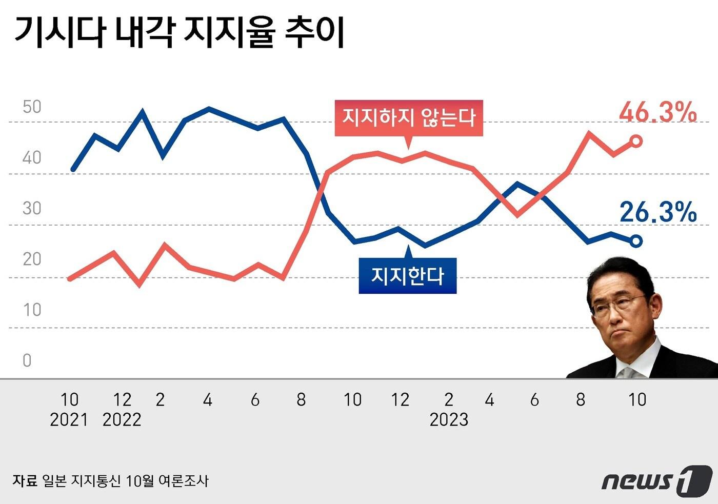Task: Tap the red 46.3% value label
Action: click(x=658, y=112)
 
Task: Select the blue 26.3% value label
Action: click(x=658, y=212)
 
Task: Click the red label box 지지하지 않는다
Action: click(x=409, y=118)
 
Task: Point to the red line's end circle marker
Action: click(x=636, y=141)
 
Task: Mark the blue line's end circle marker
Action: click(x=636, y=241)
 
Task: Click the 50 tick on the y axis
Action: click(x=32, y=107)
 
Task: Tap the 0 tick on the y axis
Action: click(x=27, y=360)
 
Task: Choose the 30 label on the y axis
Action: click(x=32, y=208)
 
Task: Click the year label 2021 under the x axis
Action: click(x=69, y=420)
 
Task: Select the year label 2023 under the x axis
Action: click(x=449, y=420)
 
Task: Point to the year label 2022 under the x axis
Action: click(x=122, y=420)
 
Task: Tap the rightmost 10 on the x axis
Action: click(x=637, y=399)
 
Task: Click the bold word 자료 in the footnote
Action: click(x=25, y=481)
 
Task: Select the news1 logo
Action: click(x=657, y=481)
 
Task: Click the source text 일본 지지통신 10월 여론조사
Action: click(x=125, y=481)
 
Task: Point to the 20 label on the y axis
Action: click(x=32, y=259)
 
